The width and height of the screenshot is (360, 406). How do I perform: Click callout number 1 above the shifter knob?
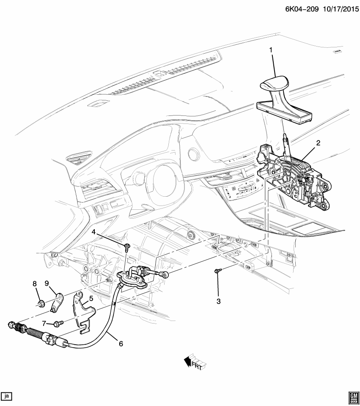[271, 51]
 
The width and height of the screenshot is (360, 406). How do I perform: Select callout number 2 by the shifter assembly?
[318, 143]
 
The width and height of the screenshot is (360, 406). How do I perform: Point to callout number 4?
[94, 231]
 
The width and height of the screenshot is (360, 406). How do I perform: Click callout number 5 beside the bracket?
[90, 299]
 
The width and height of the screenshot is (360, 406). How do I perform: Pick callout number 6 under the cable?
[121, 344]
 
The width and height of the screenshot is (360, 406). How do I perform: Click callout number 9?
[47, 283]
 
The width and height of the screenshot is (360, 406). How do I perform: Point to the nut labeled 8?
[42, 303]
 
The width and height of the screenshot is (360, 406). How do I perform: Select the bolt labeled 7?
[58, 323]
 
